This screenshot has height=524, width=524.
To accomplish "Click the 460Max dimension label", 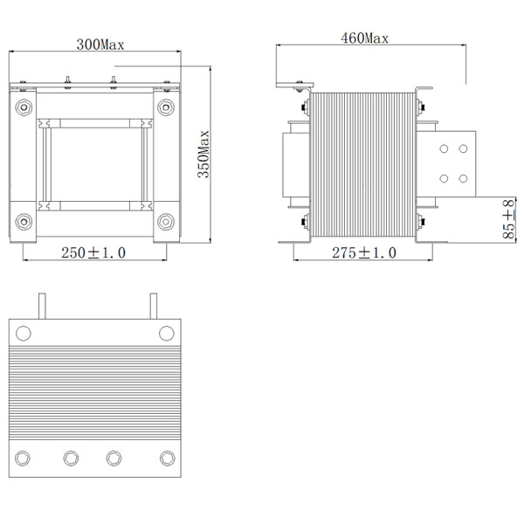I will tap(364, 38).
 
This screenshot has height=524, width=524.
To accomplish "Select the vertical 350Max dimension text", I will tap(203, 155).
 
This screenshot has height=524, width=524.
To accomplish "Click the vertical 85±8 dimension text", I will tap(507, 218).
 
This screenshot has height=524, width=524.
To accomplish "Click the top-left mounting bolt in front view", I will tap(24, 108).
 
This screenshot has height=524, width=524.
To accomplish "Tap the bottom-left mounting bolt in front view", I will tap(24, 219).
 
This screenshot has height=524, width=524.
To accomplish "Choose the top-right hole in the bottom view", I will tap(166, 333).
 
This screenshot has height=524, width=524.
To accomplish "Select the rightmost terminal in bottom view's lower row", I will tap(166, 458).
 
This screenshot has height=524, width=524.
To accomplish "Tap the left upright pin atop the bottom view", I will tap(39, 306).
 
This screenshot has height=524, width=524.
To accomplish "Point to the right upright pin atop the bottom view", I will tap(153, 306).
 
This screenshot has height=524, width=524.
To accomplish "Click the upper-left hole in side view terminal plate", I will tap(444, 148).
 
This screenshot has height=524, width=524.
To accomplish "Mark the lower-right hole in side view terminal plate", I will tap(461, 178).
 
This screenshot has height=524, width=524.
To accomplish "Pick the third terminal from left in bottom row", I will tap(114, 458).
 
